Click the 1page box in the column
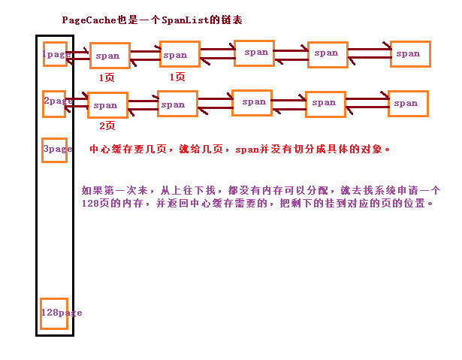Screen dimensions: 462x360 [55, 54]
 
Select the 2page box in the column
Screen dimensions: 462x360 [54, 104]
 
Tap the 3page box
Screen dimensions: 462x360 [55, 150]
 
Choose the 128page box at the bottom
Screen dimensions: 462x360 [54, 313]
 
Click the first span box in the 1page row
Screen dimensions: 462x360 [110, 56]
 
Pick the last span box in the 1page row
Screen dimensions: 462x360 [410, 54]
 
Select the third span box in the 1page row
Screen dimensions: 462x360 [254, 53]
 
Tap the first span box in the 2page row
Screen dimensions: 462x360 [108, 105]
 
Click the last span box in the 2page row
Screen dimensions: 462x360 [408, 104]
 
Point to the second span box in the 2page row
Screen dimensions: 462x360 [177, 104]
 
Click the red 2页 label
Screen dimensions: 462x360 [107, 126]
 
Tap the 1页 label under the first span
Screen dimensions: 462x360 [107, 77]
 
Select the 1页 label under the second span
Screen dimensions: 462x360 [177, 77]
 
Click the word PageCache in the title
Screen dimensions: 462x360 [89, 20]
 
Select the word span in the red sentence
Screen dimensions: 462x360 [247, 150]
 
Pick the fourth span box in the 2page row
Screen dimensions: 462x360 [325, 104]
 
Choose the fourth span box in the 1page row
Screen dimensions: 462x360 [328, 55]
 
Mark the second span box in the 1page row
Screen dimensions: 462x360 [180, 54]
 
